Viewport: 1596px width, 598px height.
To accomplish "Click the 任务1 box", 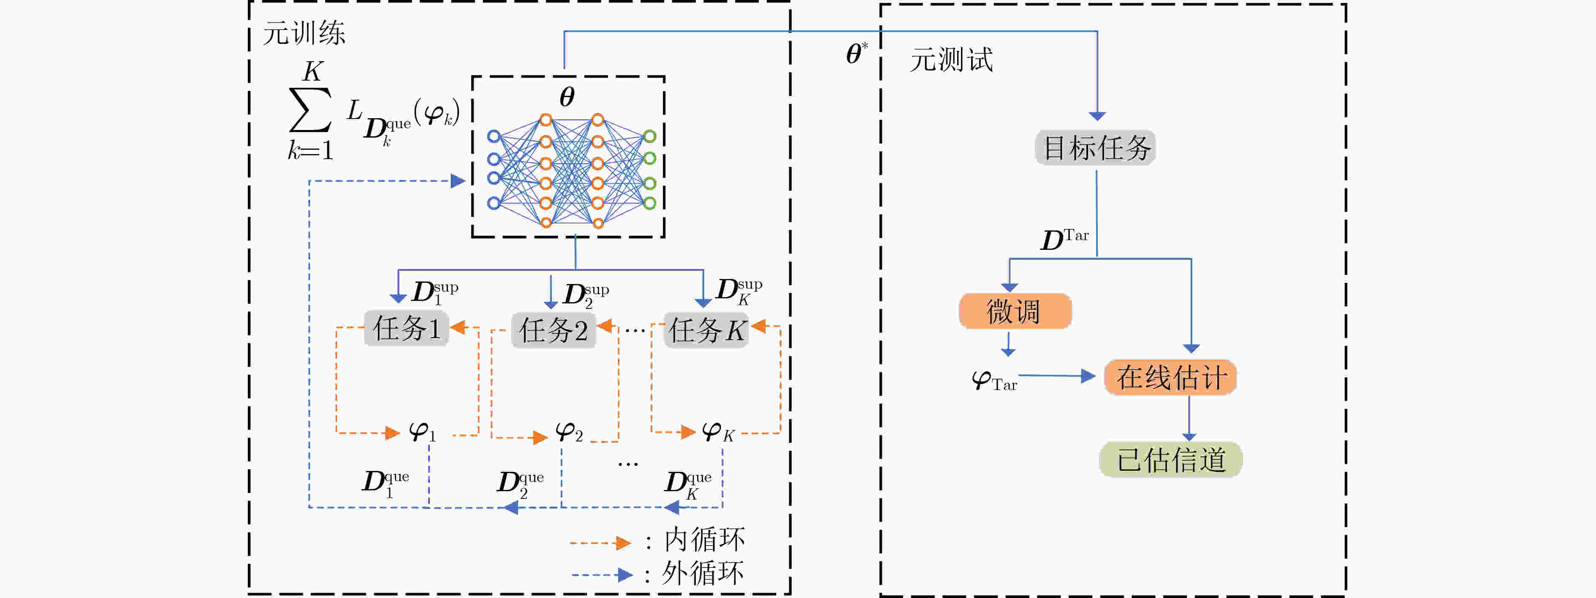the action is (x=407, y=328).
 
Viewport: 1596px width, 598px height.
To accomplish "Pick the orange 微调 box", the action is (x=1015, y=311).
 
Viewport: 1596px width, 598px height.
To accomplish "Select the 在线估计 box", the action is (x=1170, y=377).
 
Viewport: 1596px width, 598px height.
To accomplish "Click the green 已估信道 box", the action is (x=1170, y=459).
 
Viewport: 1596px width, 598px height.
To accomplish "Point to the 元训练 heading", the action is (x=304, y=33).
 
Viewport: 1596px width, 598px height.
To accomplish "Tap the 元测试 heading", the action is (x=951, y=60).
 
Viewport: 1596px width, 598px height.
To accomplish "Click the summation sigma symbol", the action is (x=310, y=110).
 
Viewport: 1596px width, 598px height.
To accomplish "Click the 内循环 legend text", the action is (x=704, y=539).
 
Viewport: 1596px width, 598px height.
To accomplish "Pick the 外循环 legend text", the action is (x=703, y=573).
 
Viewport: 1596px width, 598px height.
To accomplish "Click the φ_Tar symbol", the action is (x=994, y=380).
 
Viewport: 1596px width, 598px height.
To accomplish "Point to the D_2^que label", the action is (x=521, y=484).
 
